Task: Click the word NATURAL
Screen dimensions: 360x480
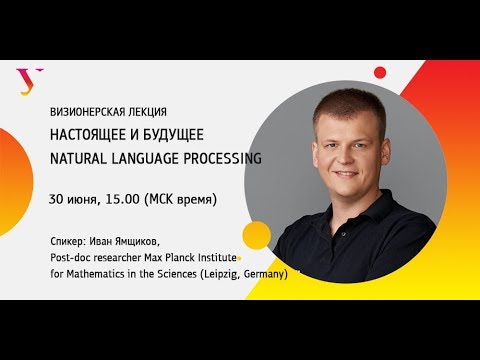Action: click(x=78, y=158)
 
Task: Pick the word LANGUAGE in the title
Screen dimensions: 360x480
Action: click(x=145, y=158)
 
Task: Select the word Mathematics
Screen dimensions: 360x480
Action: click(x=94, y=273)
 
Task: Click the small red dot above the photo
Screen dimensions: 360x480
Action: click(x=380, y=72)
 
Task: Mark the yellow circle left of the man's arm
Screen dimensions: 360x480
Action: click(x=257, y=235)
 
